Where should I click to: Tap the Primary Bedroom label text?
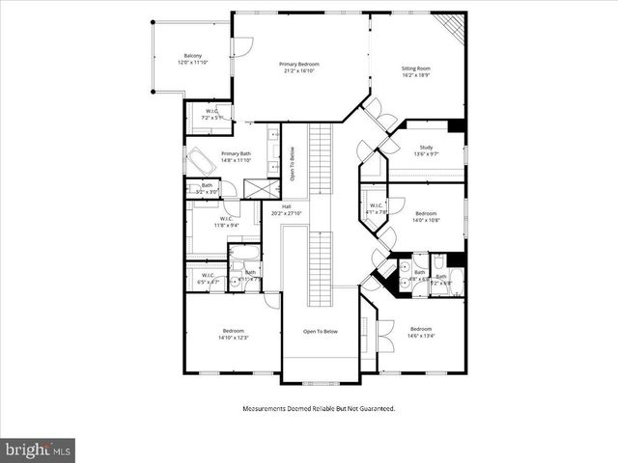[299, 65]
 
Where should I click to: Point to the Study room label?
[426, 148]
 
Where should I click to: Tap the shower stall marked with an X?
[255, 188]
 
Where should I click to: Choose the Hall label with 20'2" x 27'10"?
[287, 207]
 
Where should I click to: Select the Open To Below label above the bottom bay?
[320, 331]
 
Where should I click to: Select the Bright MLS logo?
[38, 449]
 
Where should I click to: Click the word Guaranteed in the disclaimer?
[374, 409]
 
